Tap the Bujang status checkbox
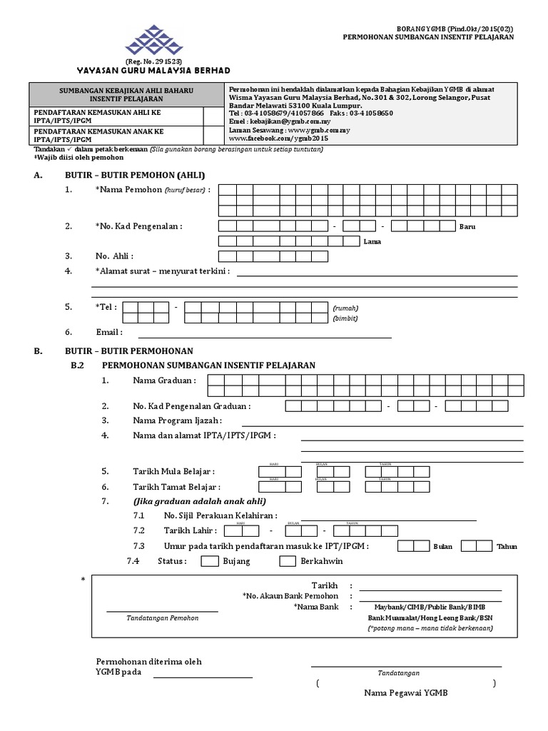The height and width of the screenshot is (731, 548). pos(210,561)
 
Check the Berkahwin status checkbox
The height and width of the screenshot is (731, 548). pos(288,561)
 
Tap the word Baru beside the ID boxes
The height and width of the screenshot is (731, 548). pos(467,226)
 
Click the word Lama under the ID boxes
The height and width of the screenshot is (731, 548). pos(372,241)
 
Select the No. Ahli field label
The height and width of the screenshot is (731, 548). pos(114,256)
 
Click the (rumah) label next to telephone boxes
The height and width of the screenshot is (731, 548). pos(345,308)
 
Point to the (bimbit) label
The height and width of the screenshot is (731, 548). pos(345,318)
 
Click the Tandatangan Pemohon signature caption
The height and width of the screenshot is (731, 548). pos(162,617)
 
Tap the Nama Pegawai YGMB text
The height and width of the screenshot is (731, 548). pos(406,693)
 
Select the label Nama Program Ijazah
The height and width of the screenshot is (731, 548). pos(177,420)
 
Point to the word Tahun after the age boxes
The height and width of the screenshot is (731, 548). pos(507,547)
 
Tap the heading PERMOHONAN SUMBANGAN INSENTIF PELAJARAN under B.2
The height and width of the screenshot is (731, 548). pos(209,365)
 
